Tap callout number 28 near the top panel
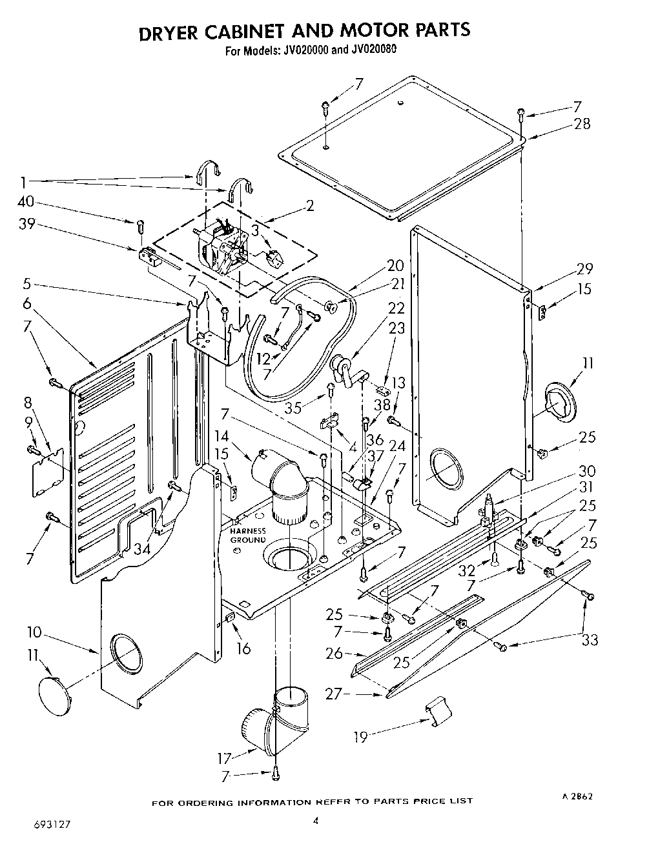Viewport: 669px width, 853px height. [x=582, y=124]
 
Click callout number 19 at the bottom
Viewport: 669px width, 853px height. [x=361, y=736]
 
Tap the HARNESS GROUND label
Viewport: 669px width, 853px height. [x=248, y=535]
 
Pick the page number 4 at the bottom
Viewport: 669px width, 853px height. [x=315, y=821]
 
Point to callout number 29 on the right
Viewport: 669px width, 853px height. [x=584, y=269]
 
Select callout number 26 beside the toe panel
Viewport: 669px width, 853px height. [x=334, y=654]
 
